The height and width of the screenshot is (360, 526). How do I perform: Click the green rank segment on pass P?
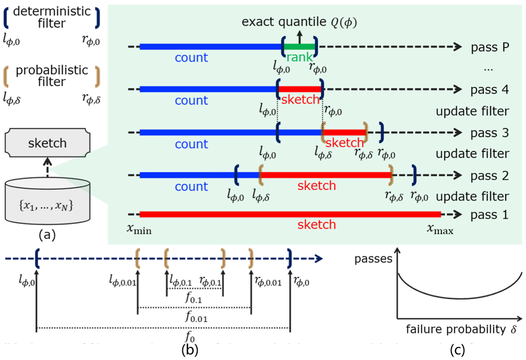point(299,47)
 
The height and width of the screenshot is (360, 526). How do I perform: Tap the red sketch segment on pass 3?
point(344,132)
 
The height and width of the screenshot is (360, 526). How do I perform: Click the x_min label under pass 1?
point(139,230)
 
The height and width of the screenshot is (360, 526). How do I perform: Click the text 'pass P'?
point(490,47)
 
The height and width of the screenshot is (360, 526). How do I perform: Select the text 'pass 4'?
point(490,90)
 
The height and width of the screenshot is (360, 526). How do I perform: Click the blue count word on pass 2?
point(192,186)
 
